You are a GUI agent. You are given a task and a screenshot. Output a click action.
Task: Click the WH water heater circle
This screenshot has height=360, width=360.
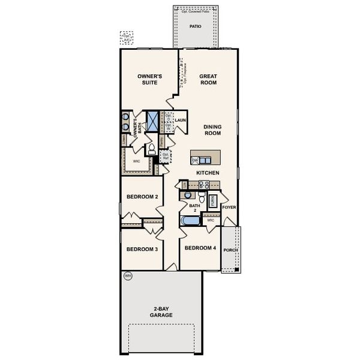click(127, 277)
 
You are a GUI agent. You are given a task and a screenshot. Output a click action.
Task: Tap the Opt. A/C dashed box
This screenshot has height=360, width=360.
click(127, 38)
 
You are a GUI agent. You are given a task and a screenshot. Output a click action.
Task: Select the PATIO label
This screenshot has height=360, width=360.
click(195, 27)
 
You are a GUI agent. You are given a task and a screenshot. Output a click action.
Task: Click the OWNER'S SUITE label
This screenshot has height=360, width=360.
click(148, 79)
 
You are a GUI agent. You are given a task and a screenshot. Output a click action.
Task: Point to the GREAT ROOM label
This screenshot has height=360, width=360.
click(208, 79)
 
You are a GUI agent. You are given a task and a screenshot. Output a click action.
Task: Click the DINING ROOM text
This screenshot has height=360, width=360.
click(212, 130)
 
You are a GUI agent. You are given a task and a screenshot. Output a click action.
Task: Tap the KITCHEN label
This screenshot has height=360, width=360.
click(208, 173)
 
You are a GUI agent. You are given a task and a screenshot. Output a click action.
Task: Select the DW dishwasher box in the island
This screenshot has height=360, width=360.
click(195, 160)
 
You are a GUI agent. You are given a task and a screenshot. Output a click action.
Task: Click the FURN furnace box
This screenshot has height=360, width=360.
click(212, 201)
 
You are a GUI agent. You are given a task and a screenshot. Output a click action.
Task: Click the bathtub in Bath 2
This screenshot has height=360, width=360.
click(190, 221)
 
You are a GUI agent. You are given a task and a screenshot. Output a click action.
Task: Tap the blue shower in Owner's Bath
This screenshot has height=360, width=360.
click(153, 122)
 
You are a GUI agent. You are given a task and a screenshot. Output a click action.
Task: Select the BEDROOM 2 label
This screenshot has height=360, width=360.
click(142, 197)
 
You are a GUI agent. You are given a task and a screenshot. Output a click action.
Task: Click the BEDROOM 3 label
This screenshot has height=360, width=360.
click(142, 250)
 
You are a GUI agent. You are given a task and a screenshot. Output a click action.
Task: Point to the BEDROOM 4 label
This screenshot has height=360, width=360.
click(200, 248)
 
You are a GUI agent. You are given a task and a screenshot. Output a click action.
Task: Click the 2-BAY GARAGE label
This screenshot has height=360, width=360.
click(161, 312)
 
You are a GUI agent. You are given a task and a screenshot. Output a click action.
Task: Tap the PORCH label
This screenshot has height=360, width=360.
click(230, 250)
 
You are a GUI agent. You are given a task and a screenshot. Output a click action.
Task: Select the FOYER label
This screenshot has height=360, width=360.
click(229, 207)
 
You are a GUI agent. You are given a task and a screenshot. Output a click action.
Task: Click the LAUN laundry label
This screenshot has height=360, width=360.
click(181, 121)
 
